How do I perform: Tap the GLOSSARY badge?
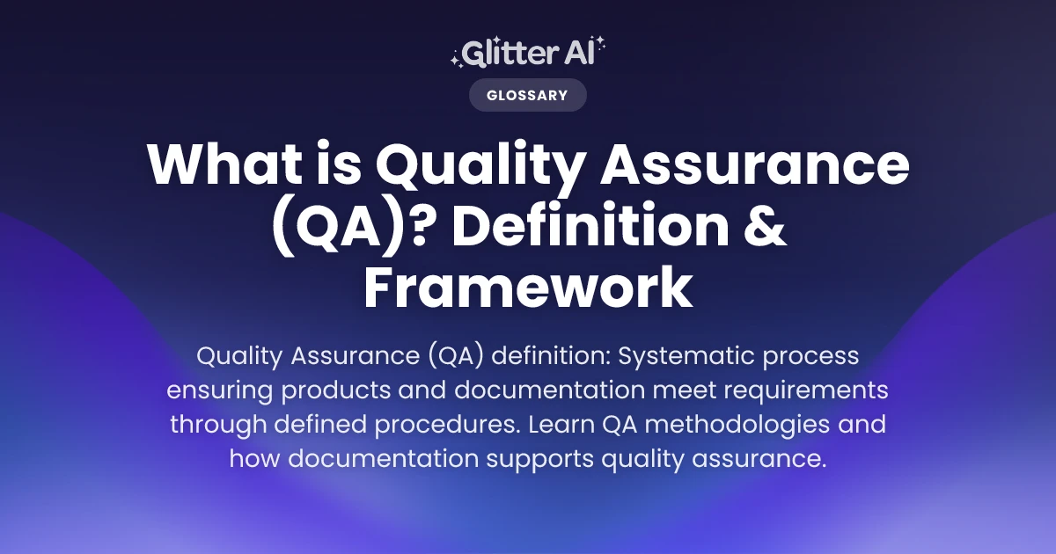[527, 95]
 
